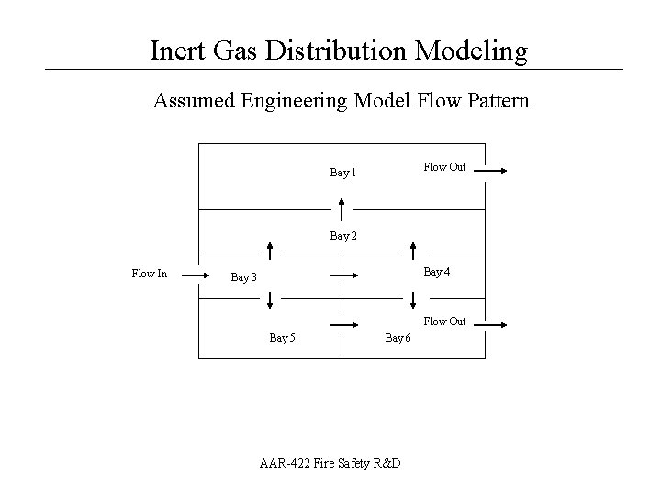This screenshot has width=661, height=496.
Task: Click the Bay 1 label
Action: coord(342,173)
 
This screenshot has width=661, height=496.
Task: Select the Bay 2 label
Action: coord(342,236)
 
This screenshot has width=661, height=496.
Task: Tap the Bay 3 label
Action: coord(244,277)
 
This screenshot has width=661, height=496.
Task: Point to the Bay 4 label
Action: coord(437,272)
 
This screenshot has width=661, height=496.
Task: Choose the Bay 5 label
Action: coord(282,338)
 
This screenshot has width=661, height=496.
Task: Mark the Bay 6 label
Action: coord(398,338)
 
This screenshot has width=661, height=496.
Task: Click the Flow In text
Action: coord(150,273)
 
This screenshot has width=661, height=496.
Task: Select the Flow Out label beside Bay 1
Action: coord(444,167)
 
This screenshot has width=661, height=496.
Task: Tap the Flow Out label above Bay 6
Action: coord(444,321)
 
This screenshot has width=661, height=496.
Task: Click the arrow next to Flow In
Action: coord(195,274)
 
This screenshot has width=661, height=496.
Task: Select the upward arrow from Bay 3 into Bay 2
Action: coord(270,251)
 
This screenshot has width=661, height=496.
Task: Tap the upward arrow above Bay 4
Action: coord(414,251)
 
